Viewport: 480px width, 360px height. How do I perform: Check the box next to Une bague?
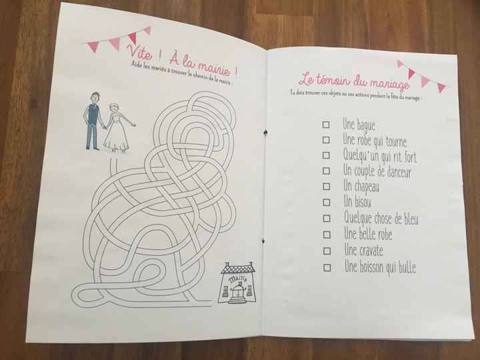point(326,125)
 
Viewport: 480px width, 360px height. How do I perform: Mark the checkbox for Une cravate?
point(326,252)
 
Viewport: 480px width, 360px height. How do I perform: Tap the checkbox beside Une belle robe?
point(326,235)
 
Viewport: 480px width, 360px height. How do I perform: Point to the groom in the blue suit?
point(93,120)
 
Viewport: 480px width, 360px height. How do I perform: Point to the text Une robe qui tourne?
point(373,141)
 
